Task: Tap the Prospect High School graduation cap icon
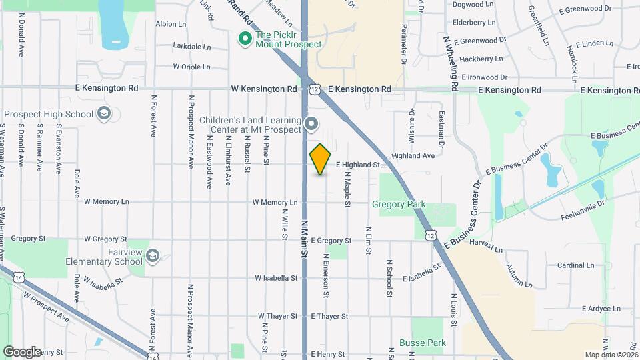[x=103, y=114]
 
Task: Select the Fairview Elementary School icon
[x=153, y=257]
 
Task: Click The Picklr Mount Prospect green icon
[x=245, y=39]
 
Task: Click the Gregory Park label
[x=398, y=205]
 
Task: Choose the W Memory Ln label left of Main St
[x=275, y=202]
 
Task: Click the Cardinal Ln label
[x=571, y=265]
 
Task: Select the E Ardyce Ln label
[x=601, y=309]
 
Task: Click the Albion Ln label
[x=171, y=24]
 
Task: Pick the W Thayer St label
[x=280, y=316]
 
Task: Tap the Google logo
[x=22, y=351]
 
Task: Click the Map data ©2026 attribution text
[x=611, y=355]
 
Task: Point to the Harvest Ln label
[x=485, y=247]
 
